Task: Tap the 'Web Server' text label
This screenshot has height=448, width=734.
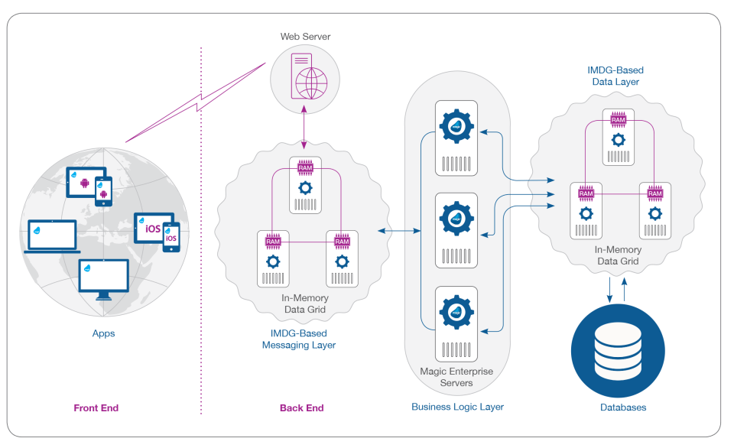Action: (305, 37)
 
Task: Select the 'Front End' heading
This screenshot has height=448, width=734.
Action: (96, 408)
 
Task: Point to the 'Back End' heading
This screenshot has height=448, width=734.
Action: (302, 408)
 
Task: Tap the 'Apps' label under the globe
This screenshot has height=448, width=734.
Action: (102, 333)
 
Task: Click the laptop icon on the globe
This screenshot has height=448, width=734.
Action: (51, 235)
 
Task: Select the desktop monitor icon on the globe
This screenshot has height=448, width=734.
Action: (103, 278)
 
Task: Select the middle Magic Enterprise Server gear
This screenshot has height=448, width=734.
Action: (457, 218)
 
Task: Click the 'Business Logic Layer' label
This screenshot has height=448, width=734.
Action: (457, 407)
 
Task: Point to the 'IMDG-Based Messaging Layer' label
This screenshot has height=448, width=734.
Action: (299, 339)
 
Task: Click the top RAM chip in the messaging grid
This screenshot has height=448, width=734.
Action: (305, 167)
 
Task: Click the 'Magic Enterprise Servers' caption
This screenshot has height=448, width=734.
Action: (457, 377)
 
